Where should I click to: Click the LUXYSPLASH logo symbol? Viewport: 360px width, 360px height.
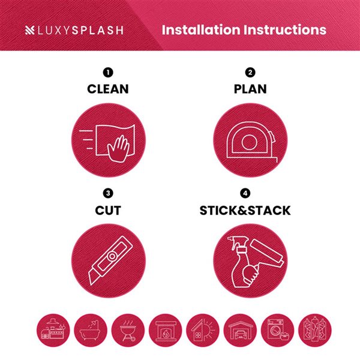pyautogui.click(x=29, y=31)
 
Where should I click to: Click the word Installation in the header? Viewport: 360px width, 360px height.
pyautogui.click(x=201, y=30)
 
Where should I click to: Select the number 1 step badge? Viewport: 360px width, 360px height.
pyautogui.click(x=108, y=73)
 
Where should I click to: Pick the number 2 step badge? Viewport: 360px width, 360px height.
pyautogui.click(x=250, y=73)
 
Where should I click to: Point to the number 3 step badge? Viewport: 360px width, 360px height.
pyautogui.click(x=108, y=193)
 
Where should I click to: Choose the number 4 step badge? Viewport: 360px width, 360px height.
pyautogui.click(x=245, y=193)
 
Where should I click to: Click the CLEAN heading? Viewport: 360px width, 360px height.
pyautogui.click(x=108, y=89)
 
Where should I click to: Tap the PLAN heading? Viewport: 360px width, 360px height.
pyautogui.click(x=250, y=89)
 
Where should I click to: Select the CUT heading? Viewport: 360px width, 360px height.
pyautogui.click(x=108, y=211)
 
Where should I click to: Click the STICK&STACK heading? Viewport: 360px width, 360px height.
pyautogui.click(x=245, y=211)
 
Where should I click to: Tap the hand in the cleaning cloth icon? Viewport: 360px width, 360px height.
pyautogui.click(x=118, y=149)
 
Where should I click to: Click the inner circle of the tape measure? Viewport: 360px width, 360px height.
pyautogui.click(x=249, y=142)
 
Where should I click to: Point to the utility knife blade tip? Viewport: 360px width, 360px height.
pyautogui.click(x=92, y=284)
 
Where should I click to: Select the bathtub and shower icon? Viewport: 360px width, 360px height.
pyautogui.click(x=91, y=330)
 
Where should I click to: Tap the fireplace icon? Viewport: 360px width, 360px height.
pyautogui.click(x=166, y=330)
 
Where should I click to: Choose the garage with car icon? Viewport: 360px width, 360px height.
pyautogui.click(x=240, y=330)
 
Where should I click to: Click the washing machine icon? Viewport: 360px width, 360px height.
pyautogui.click(x=278, y=330)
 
